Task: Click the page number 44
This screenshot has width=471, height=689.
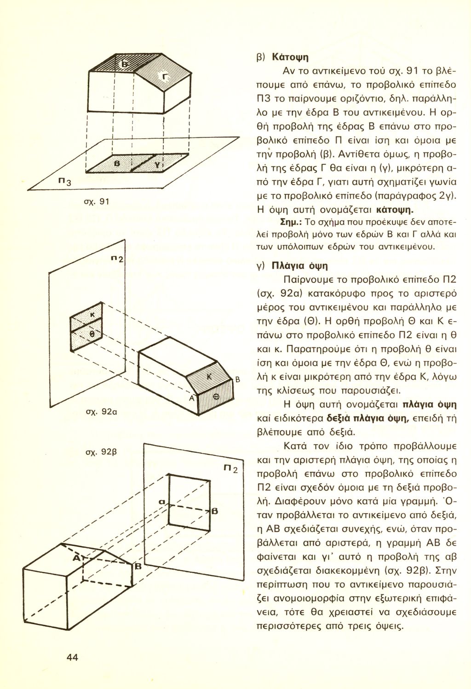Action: pos(72,657)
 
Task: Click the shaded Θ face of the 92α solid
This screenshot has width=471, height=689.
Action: pos(216,395)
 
